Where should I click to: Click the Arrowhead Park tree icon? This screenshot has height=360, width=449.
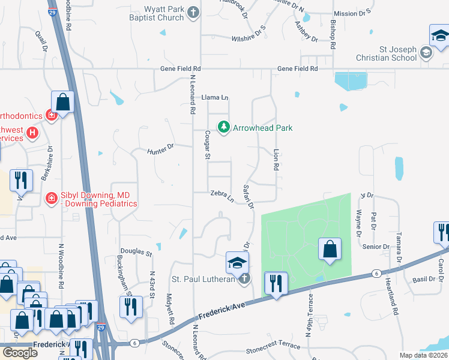[x=224, y=127]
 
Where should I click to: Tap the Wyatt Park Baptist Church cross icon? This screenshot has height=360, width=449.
[x=193, y=12]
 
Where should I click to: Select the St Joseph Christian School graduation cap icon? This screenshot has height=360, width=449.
[x=426, y=52]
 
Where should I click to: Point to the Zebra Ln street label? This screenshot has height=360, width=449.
[x=221, y=195]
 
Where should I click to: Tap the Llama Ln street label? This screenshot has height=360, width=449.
[x=215, y=97]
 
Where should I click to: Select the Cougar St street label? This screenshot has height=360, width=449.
[x=208, y=145]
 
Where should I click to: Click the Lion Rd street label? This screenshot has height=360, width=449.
[x=276, y=159]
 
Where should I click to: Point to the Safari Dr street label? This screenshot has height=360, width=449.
[x=248, y=196]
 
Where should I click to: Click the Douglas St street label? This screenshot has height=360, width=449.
[x=135, y=253]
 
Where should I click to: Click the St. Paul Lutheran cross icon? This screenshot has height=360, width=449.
[x=244, y=278]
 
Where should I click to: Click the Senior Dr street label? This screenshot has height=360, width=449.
[x=376, y=247]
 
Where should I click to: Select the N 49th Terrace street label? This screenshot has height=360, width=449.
[x=310, y=315]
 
